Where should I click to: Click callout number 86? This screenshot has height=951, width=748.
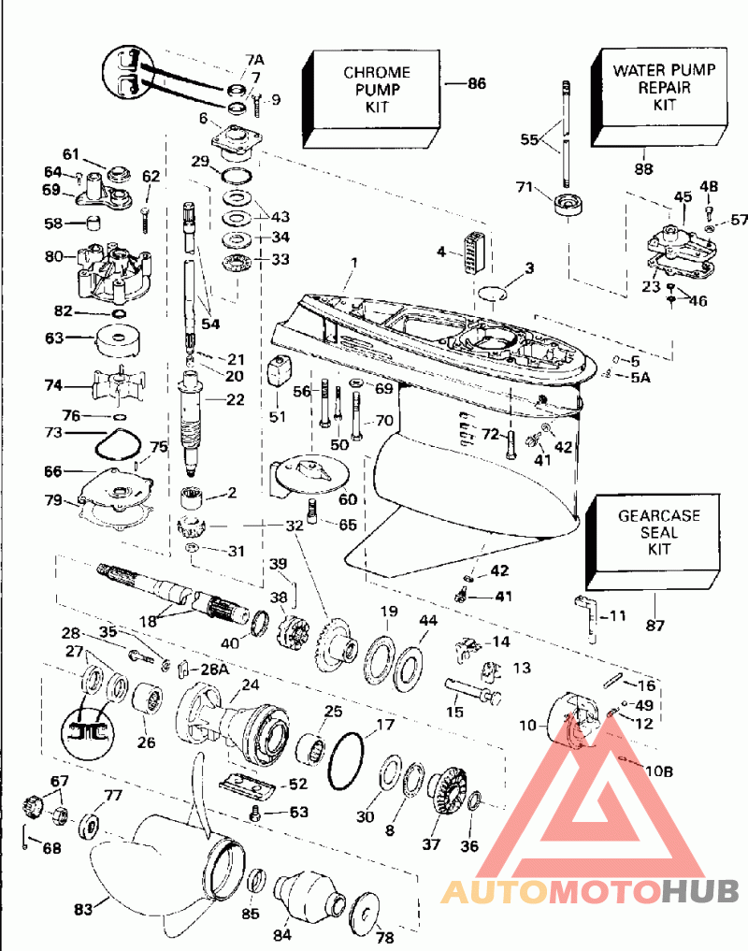click(x=477, y=84)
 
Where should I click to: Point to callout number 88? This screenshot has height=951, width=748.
click(x=643, y=168)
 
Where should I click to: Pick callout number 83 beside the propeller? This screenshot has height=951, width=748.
click(x=85, y=908)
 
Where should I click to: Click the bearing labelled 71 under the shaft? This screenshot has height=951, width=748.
click(x=567, y=206)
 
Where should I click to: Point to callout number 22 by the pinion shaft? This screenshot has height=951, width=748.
click(x=235, y=399)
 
